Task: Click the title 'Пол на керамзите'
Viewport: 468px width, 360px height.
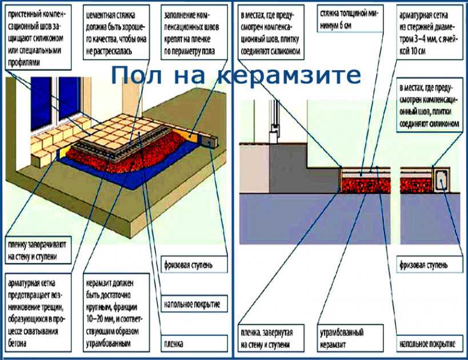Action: [235, 75]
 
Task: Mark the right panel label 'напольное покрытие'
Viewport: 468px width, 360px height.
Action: [426, 345]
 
